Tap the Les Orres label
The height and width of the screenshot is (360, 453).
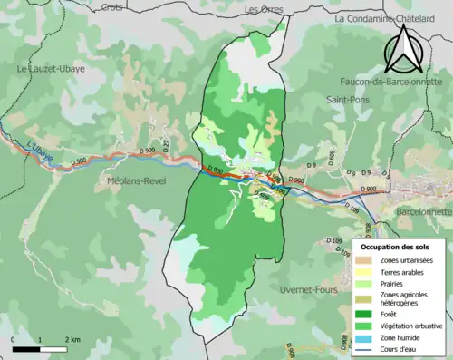point(264,9)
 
